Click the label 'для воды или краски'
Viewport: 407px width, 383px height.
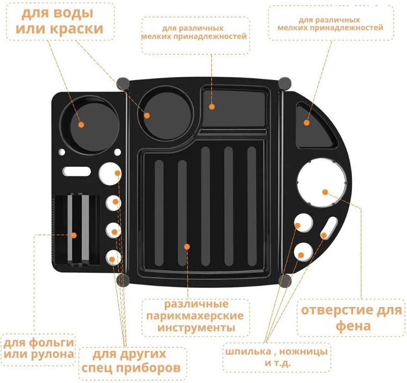tap(60, 22)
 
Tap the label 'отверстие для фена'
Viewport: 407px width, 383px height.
tap(351, 318)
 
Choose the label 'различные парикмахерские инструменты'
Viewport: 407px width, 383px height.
tap(196, 316)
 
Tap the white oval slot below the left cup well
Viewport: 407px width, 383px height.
tap(77, 171)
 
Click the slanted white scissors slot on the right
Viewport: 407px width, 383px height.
tap(329, 227)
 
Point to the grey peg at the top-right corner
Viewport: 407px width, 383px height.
tap(284, 83)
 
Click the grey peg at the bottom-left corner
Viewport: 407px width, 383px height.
tap(122, 280)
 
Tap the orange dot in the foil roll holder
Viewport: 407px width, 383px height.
tap(74, 235)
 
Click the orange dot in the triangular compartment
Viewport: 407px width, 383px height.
tap(307, 123)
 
